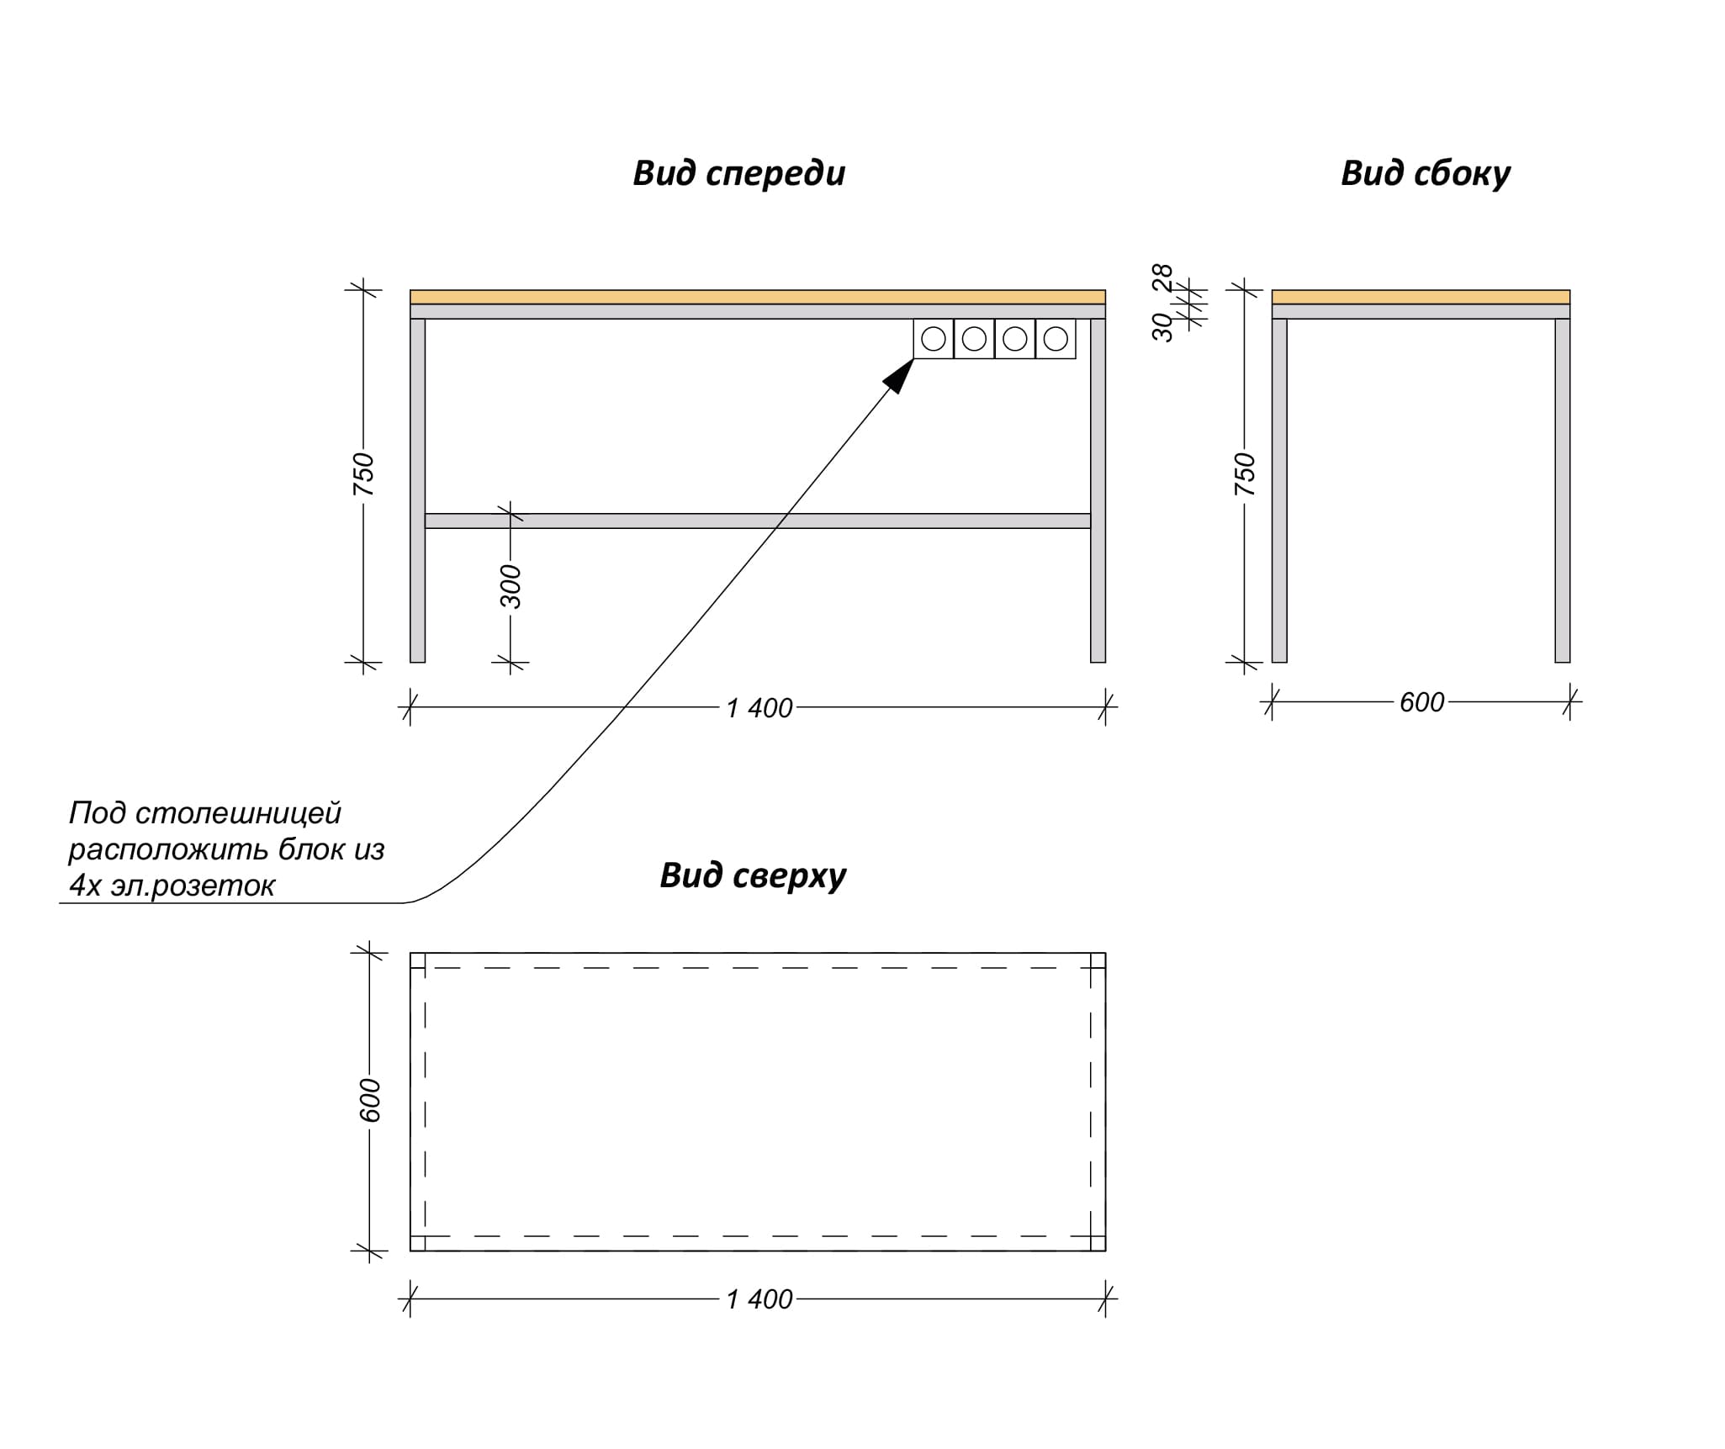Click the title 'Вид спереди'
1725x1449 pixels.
point(738,173)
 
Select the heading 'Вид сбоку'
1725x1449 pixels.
point(1426,173)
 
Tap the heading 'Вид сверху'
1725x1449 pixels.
point(753,875)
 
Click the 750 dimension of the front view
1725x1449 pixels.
point(363,473)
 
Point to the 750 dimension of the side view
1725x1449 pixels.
point(1244,473)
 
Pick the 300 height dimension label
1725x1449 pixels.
point(511,586)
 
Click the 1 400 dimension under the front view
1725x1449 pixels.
point(759,708)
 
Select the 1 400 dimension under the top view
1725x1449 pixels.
point(759,1299)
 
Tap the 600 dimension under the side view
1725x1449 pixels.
point(1421,702)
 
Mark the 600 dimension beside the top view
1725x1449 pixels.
point(370,1100)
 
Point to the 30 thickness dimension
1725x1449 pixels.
point(1162,327)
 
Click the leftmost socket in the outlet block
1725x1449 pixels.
point(934,339)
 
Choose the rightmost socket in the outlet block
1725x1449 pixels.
point(1056,339)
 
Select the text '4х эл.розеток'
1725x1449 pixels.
point(172,886)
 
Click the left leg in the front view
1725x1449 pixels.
point(417,490)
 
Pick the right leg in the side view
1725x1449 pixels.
point(1563,490)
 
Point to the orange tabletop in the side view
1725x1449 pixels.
point(1421,297)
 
